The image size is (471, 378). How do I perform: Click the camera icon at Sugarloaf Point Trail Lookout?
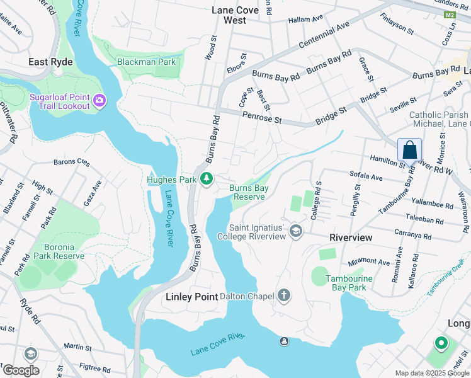coord(99,101)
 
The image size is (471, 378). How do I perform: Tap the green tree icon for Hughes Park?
coord(206,180)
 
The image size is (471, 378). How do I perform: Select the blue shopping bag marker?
coord(409,151)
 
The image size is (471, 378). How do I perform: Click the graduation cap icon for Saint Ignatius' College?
coord(296,232)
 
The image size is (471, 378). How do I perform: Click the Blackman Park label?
coord(146,62)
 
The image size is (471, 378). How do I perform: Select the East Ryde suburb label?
coord(50,62)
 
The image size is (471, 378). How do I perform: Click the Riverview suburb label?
coord(351,238)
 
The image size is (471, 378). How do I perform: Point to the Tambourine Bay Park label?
coord(347,283)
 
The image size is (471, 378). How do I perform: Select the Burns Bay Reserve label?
coord(249,192)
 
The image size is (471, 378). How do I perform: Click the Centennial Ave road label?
coord(324,36)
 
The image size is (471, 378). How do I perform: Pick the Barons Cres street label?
coord(72,163)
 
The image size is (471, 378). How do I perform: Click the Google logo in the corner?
coord(20,370)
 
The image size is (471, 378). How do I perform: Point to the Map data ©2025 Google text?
coord(431,373)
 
